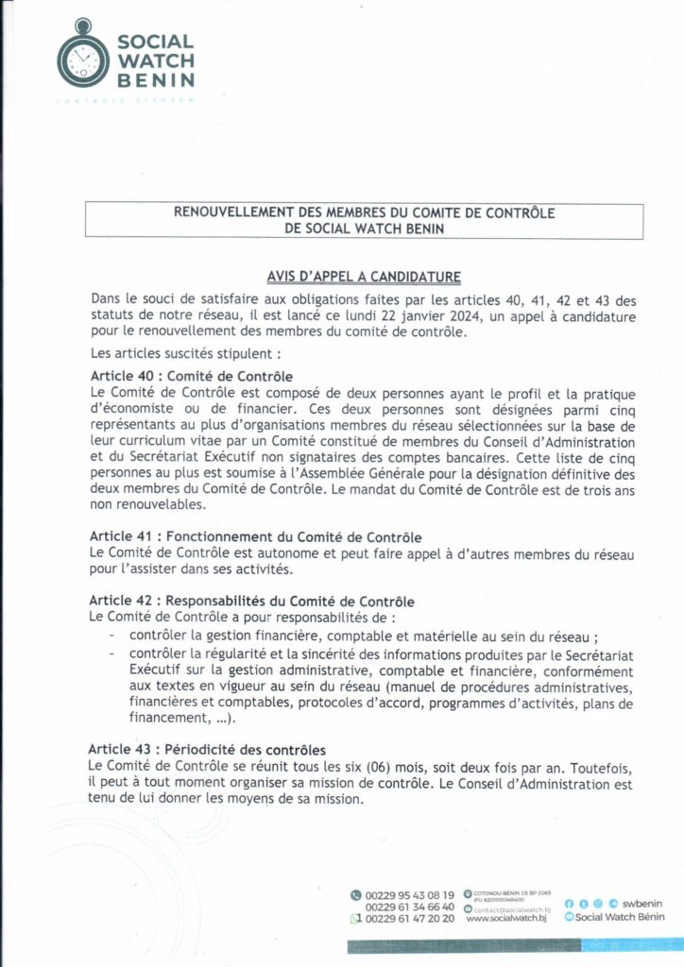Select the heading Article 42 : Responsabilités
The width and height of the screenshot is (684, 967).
[x=251, y=601]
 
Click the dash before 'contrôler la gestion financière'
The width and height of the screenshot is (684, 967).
[x=112, y=635]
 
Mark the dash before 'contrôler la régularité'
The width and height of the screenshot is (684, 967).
[x=112, y=653]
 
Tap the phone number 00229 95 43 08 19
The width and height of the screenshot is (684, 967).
[x=410, y=894]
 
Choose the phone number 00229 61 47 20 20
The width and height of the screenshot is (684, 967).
[x=410, y=918]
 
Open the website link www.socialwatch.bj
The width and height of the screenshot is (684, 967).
[x=502, y=918]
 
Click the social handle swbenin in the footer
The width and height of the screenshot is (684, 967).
[x=641, y=904]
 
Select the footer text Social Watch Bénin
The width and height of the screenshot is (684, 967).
[x=620, y=917]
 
